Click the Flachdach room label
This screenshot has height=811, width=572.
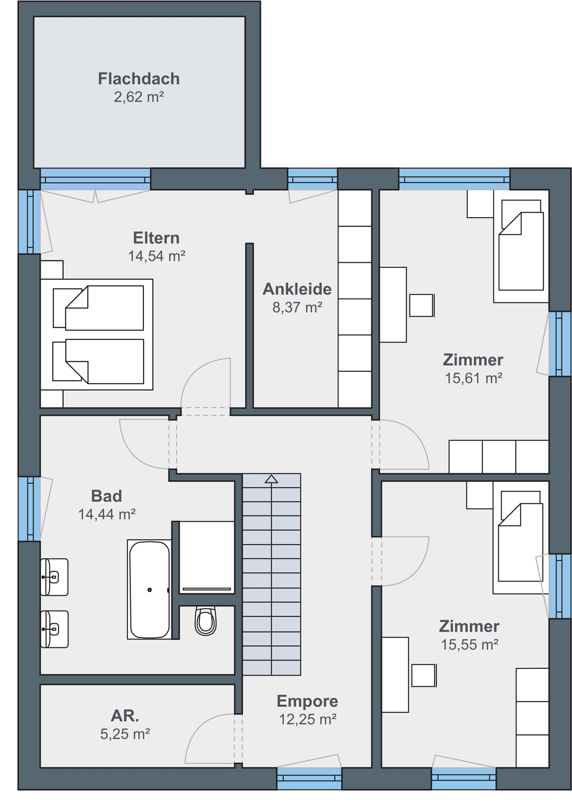[139, 79]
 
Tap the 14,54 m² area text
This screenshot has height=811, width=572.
[157, 256]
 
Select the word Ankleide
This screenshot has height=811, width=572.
[297, 289]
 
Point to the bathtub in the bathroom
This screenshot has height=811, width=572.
[149, 589]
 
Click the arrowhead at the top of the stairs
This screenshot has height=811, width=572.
[271, 479]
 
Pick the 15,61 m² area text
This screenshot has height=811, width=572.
[473, 378]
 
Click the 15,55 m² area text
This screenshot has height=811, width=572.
[470, 645]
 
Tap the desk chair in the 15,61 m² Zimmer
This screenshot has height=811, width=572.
[422, 305]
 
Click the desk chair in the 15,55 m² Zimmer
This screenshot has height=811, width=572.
[424, 675]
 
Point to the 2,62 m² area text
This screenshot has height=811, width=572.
[139, 97]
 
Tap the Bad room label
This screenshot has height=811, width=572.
[106, 496]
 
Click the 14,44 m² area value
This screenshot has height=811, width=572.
[107, 514]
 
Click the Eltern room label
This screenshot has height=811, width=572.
[156, 238]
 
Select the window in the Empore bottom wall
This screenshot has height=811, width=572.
[309, 778]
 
